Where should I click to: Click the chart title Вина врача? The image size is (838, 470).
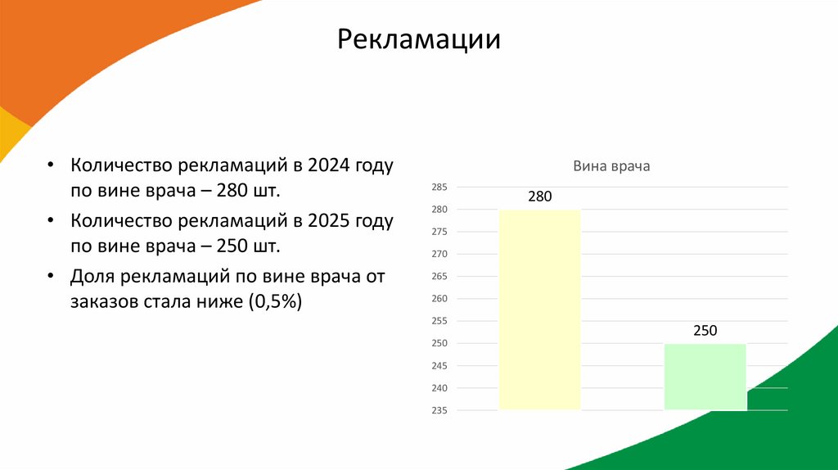tap(610, 166)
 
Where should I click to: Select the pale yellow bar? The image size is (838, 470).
tap(539, 310)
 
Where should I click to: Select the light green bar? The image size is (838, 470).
tap(705, 377)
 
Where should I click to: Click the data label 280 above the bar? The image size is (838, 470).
tap(539, 197)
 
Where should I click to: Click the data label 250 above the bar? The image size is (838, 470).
tap(705, 331)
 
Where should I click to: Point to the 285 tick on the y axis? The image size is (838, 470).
tap(439, 188)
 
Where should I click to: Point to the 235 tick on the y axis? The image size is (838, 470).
tap(439, 410)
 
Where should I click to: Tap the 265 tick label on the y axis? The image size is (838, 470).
tap(439, 277)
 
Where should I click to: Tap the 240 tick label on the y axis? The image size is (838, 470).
tap(439, 388)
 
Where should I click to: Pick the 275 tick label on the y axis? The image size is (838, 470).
tap(439, 232)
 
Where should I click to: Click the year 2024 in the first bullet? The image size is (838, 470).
tap(331, 165)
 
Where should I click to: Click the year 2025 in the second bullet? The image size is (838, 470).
tap(331, 221)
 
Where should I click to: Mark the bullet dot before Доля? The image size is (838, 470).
tap(52, 277)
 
